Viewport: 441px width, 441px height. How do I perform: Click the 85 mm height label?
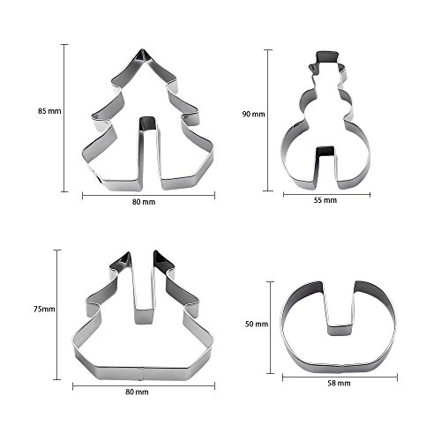coord(49,111)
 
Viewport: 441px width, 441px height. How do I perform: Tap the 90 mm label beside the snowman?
coord(253,114)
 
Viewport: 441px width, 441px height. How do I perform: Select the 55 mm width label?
coord(325,200)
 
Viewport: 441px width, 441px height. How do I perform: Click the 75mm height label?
coord(44,309)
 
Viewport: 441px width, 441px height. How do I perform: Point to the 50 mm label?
coord(257,324)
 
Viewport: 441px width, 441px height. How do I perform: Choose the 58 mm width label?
coord(339,383)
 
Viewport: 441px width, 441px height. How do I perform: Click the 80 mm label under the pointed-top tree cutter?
coord(144,202)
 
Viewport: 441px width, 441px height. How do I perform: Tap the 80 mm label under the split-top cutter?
coord(137,392)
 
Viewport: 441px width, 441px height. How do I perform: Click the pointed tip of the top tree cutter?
coord(142,49)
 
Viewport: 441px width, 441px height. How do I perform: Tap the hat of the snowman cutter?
coord(326,58)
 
